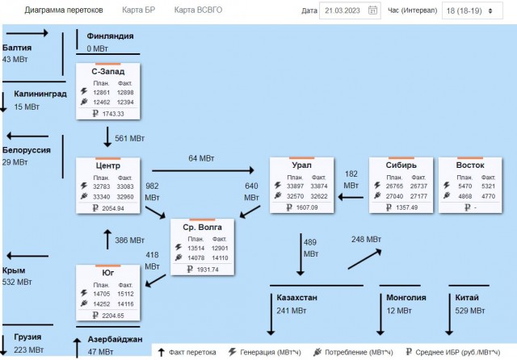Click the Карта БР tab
point(138,10)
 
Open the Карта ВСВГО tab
point(198,10)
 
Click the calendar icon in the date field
point(372,10)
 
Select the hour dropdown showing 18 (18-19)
point(472,10)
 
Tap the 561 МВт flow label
point(129,138)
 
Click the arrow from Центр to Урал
point(203,170)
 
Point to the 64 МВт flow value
point(201,158)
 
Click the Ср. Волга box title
point(202,228)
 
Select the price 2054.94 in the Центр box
point(113,208)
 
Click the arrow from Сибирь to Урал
point(351,197)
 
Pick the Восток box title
point(470,165)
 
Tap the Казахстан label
point(296,297)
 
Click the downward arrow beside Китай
point(449,315)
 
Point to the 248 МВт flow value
point(366,240)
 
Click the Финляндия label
point(110,36)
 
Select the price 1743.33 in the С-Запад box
point(113,114)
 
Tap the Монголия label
point(406,297)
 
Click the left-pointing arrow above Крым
point(27,256)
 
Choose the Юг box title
point(107,273)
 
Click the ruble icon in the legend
point(409,352)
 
